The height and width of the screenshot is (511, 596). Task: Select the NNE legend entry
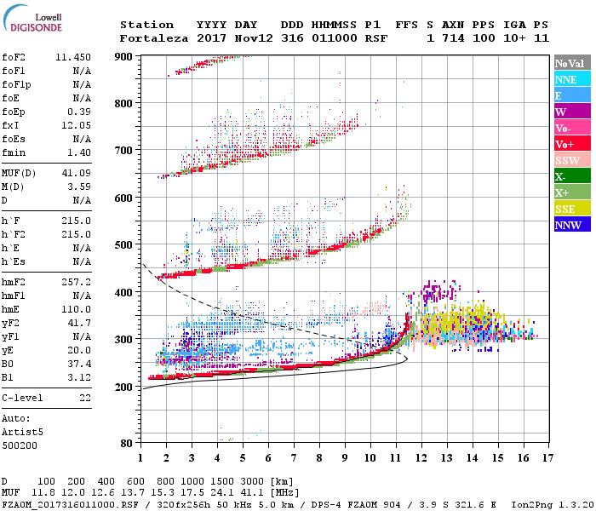coord(566,79)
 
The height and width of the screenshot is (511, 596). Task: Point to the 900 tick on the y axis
coord(123,56)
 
